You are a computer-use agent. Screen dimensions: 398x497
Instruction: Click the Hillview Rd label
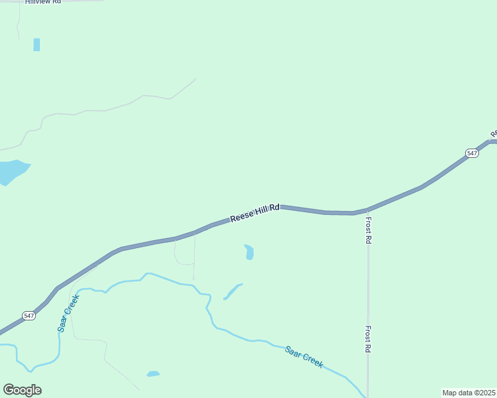pos(43,3)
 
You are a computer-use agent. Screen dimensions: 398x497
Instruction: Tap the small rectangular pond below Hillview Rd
pos(37,44)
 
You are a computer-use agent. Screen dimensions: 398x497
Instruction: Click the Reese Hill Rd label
pos(255,213)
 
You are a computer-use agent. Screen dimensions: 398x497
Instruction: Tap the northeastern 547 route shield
pos(472,153)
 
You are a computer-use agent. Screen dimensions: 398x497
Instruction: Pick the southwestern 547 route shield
pos(29,316)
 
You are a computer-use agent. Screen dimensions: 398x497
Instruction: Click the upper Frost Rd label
pos(368,230)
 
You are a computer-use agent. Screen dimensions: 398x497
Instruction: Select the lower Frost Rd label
pos(367,339)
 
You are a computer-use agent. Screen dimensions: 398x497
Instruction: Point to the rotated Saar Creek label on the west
pos(68,313)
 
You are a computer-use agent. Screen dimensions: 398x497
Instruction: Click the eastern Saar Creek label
pos(304,357)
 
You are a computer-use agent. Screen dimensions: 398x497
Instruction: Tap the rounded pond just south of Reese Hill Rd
pos(249,252)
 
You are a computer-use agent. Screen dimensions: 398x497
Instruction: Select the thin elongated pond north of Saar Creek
pos(232,291)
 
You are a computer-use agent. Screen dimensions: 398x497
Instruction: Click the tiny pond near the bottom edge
pos(153,374)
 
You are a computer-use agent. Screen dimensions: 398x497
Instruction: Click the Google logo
pos(22,390)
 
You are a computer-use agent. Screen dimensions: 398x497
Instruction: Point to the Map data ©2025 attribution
pos(468,393)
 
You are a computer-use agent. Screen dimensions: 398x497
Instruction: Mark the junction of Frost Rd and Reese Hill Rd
pos(367,210)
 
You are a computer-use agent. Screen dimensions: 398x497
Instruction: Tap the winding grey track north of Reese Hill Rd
pos(106,109)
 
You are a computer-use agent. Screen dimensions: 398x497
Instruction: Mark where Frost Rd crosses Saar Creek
pos(367,393)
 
